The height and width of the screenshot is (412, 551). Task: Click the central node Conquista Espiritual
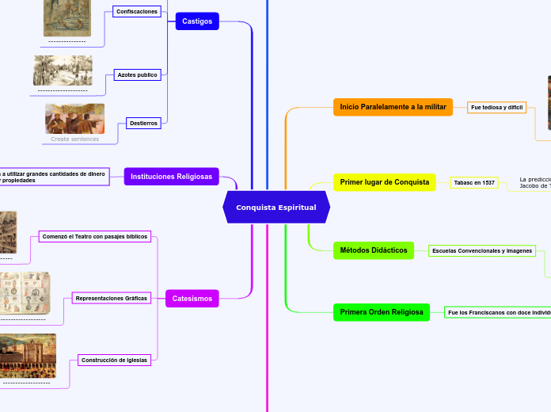pyautogui.click(x=275, y=207)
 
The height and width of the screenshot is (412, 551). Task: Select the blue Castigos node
pyautogui.click(x=197, y=21)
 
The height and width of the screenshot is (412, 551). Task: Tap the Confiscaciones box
pyautogui.click(x=136, y=12)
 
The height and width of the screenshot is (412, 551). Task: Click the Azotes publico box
pyautogui.click(x=138, y=74)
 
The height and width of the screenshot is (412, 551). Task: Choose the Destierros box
pyautogui.click(x=143, y=123)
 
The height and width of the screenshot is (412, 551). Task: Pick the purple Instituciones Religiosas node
pyautogui.click(x=171, y=177)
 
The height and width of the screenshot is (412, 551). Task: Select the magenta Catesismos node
pyautogui.click(x=192, y=299)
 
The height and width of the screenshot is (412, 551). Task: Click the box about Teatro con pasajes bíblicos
pyautogui.click(x=94, y=236)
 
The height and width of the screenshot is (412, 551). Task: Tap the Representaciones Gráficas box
pyautogui.click(x=111, y=298)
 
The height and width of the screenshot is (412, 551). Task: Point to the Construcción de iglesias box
pyautogui.click(x=114, y=360)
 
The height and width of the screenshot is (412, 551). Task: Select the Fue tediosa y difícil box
pyautogui.click(x=497, y=107)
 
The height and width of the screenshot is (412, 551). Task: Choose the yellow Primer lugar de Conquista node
pyautogui.click(x=384, y=182)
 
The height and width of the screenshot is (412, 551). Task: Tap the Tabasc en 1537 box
pyautogui.click(x=474, y=182)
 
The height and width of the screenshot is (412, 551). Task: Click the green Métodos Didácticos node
pyautogui.click(x=373, y=250)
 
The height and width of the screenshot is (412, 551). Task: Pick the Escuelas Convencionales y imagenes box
pyautogui.click(x=481, y=250)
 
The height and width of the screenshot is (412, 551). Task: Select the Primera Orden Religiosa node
pyautogui.click(x=382, y=312)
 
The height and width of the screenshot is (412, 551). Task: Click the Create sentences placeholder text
pyautogui.click(x=74, y=139)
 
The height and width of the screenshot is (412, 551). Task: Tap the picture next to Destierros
pyautogui.click(x=74, y=119)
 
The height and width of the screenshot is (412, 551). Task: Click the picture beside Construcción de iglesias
pyautogui.click(x=28, y=355)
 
